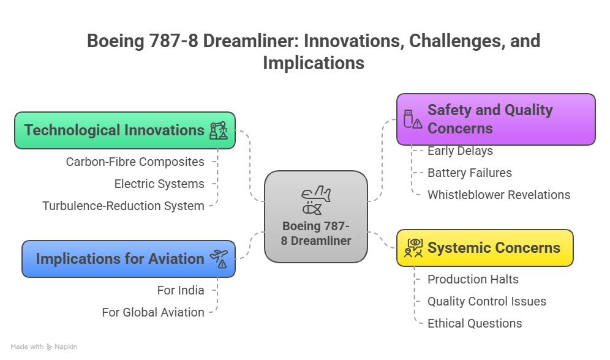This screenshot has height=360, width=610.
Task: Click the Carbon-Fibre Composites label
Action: click(x=135, y=162)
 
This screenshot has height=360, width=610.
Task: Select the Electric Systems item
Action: click(x=159, y=184)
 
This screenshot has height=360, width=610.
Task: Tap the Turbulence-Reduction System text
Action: click(x=123, y=206)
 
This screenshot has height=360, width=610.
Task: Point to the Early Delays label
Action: click(x=460, y=151)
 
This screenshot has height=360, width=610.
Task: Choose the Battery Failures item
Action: click(x=470, y=173)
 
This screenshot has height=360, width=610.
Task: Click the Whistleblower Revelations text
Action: click(x=499, y=195)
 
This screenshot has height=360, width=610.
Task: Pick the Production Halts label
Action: click(x=473, y=279)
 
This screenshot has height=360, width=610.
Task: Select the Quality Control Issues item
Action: click(x=487, y=301)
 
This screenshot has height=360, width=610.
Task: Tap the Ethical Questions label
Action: click(x=475, y=323)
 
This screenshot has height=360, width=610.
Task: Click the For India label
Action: click(x=181, y=290)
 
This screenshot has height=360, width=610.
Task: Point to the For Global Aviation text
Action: click(x=153, y=313)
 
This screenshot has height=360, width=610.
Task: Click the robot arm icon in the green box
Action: click(x=219, y=130)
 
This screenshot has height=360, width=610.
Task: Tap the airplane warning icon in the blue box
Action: click(x=219, y=259)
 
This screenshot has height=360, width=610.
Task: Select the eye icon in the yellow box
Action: click(x=413, y=248)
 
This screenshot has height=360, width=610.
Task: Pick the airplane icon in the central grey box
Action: click(x=316, y=200)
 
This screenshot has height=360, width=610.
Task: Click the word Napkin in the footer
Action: click(x=66, y=347)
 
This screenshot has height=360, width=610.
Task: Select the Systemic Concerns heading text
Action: click(x=494, y=248)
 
